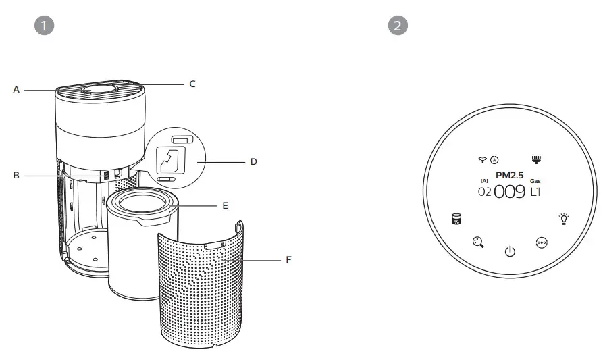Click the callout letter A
click(16, 89)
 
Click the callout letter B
click(16, 175)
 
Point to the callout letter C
click(192, 84)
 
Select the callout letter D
click(253, 161)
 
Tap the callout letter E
click(226, 204)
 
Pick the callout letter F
click(289, 259)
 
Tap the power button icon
click(510, 252)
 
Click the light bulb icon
click(563, 218)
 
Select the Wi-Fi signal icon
click(482, 160)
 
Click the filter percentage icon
click(457, 219)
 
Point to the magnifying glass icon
click(478, 242)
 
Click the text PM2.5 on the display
click(509, 175)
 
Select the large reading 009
click(510, 192)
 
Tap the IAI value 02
click(484, 192)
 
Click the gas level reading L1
click(535, 192)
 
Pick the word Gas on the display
click(535, 180)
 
